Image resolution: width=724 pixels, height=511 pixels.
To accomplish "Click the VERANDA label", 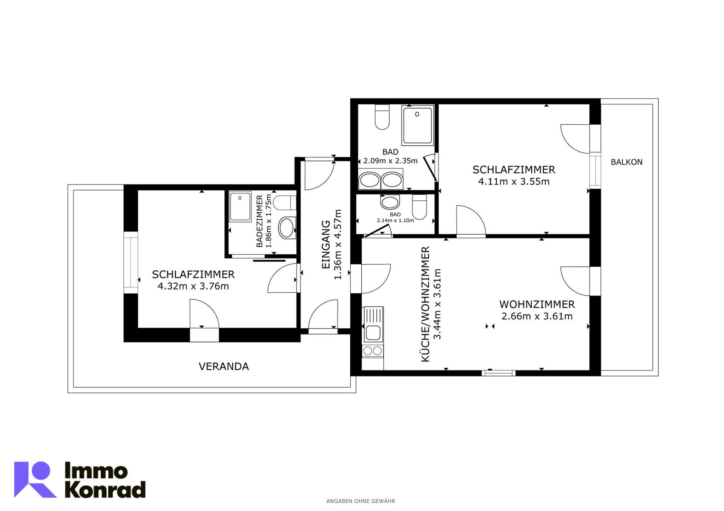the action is tap(224, 366).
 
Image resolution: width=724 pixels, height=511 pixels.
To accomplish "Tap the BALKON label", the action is tap(626, 162).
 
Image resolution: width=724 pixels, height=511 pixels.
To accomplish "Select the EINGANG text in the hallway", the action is tap(326, 244).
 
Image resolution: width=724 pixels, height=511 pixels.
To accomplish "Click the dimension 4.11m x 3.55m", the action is tap(514, 182).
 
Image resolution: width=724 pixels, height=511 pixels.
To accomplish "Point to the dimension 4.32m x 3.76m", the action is tap(193, 286).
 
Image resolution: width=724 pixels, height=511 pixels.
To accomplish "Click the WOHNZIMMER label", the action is tap(537, 304).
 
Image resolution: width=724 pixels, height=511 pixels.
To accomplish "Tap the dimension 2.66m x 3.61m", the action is tap(537, 316).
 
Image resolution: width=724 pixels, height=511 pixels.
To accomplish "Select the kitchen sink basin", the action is tap(373, 333).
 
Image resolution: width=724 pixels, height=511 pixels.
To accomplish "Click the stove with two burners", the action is tap(373, 351).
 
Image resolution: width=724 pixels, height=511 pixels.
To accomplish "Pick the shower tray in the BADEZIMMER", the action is tap(240, 206).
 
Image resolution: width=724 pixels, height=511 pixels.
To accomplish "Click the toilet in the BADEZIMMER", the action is tap(285, 203).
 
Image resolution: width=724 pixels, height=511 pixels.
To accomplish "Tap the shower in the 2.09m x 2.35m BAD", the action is tap(417, 125).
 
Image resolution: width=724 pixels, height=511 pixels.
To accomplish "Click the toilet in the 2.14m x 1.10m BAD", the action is tap(419, 207).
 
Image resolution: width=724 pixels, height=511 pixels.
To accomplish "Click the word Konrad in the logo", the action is tap(105, 490).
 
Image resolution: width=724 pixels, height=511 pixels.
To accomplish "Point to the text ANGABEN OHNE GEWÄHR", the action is tap(360, 501).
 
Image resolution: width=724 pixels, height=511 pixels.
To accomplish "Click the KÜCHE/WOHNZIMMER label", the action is tap(425, 304).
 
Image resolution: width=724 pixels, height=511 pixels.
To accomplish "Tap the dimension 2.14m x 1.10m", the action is tap(395, 220).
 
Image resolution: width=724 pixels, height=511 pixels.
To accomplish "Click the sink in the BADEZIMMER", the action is tap(287, 228).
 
